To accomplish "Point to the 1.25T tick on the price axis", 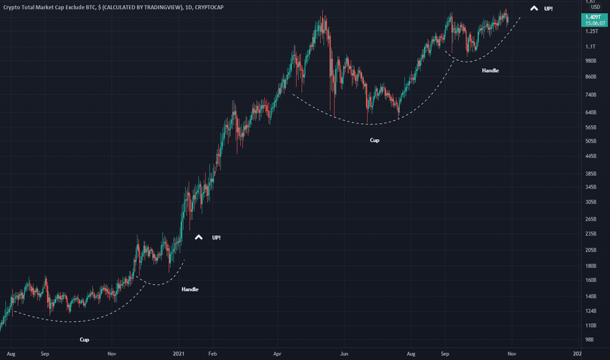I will (x=590, y=31).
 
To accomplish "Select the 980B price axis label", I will (x=590, y=61).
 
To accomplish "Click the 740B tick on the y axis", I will (x=590, y=95).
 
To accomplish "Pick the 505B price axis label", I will (x=590, y=141).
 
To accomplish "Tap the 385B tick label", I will (x=590, y=173).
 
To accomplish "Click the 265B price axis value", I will (x=590, y=219).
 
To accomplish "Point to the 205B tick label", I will (x=590, y=250).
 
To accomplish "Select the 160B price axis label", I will (x=590, y=280).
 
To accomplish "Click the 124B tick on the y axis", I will (x=590, y=310).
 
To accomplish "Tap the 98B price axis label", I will (x=589, y=340).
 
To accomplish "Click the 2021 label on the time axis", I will (x=179, y=353).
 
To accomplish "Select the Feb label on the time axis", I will (x=212, y=353).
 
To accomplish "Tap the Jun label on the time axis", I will (x=344, y=353).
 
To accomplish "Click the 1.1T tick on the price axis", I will (x=590, y=46).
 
